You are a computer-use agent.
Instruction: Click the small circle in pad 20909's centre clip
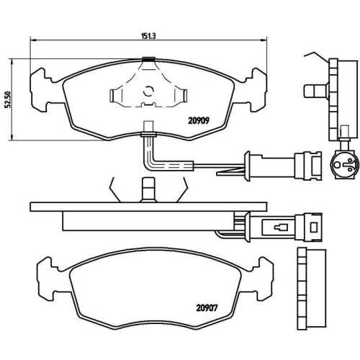(x=149, y=91)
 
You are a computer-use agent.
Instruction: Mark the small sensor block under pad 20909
(x=149, y=131)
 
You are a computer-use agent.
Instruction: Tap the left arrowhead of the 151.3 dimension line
(x=32, y=42)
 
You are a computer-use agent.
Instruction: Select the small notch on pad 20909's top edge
(x=149, y=60)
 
